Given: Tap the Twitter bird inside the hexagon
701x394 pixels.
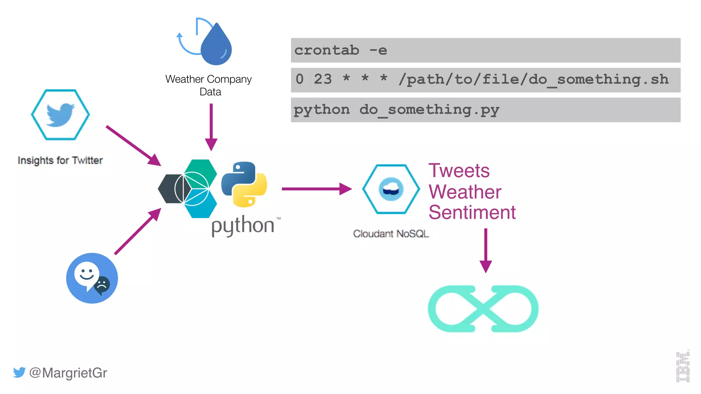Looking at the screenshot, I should coord(60,115).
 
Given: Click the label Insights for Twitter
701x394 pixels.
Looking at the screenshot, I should coord(60,160).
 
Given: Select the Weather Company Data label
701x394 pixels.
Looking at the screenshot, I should coord(208,85).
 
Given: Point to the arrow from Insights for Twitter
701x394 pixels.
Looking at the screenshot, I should coord(133,145).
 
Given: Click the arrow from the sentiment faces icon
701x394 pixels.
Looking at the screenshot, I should coord(137,232).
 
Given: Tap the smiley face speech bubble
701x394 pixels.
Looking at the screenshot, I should coord(87,275).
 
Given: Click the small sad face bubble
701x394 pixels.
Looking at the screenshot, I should coord(102,285).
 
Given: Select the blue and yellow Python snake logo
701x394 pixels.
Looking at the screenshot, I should coord(244,184).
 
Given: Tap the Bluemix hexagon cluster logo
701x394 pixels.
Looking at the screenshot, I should coord(188,188).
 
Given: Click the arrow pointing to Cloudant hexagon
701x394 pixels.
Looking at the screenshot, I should coord(316,189).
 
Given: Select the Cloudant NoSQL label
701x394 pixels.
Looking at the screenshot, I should coord(391,234).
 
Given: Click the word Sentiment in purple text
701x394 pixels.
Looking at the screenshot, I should coord(472,212).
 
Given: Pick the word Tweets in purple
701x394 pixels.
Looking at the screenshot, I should coord(459,171).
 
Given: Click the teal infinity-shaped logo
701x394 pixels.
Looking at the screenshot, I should coord(483,309).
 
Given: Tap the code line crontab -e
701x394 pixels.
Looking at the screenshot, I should coord(341,50).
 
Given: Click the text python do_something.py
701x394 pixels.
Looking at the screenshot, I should coord(396,110).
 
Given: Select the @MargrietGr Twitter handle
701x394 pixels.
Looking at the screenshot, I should coord(68,373).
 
